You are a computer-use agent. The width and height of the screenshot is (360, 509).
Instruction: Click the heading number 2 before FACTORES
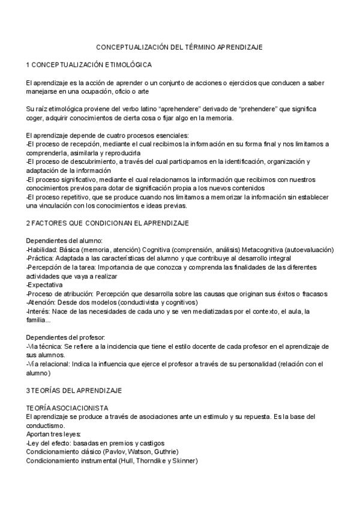click(28, 223)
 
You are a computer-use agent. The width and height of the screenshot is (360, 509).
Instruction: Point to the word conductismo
click(47, 426)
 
